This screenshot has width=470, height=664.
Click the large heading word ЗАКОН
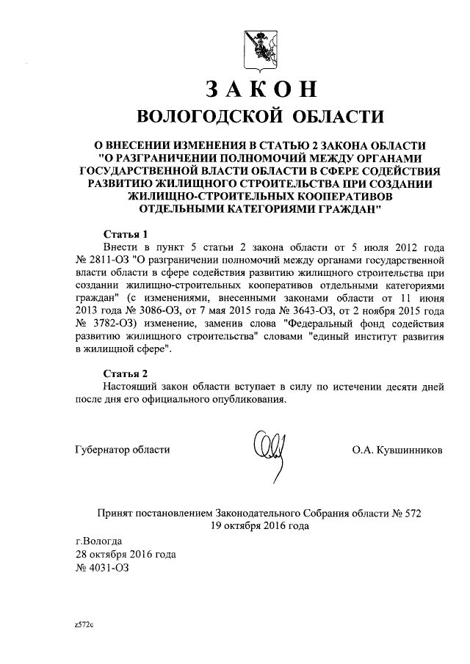pos(261,88)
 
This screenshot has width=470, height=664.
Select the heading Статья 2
pos(125,373)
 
